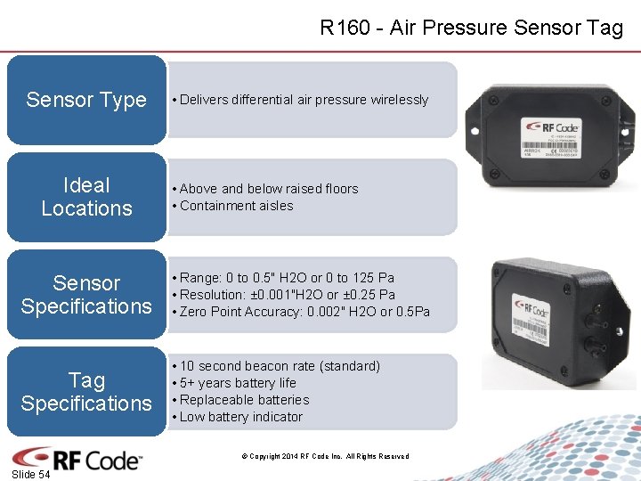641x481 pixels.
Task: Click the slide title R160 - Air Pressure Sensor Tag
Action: point(471,28)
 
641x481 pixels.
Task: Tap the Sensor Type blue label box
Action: point(86,100)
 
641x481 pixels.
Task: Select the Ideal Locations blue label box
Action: point(86,197)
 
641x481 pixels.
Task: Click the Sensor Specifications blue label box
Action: point(86,295)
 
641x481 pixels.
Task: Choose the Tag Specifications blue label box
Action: point(86,392)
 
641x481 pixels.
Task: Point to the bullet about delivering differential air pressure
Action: point(304,100)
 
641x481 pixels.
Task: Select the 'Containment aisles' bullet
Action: point(236,206)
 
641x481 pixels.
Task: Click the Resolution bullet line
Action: point(287,295)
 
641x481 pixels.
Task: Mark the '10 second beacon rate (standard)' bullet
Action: point(280,366)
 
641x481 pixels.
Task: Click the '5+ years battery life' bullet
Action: point(238,383)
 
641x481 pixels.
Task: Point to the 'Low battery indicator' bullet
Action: point(240,417)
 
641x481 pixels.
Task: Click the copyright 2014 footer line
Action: point(325,457)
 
